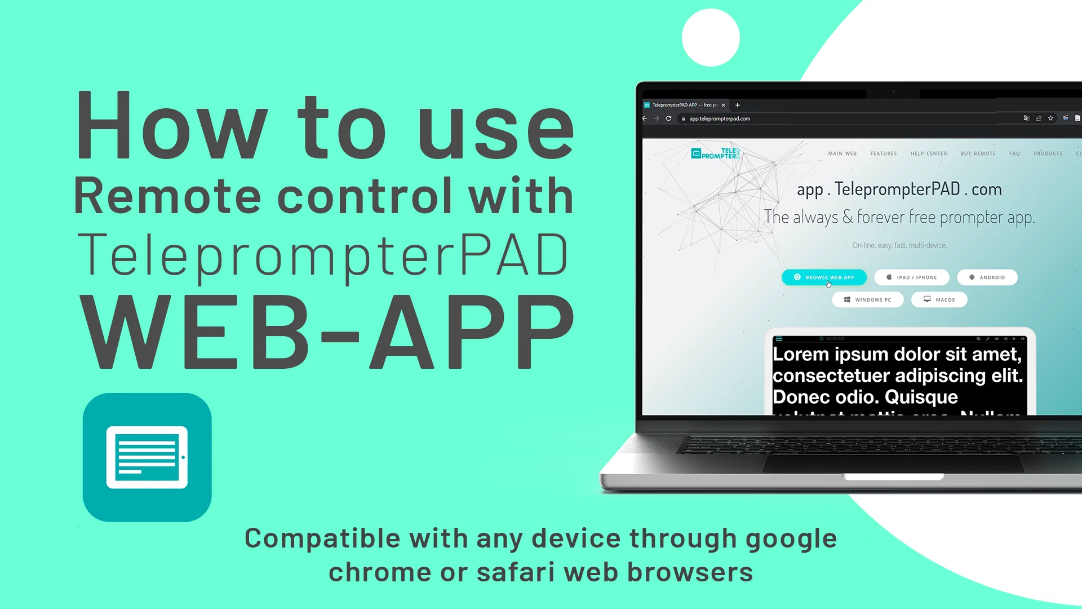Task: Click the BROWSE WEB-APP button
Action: pyautogui.click(x=824, y=277)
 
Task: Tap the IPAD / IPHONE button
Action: pyautogui.click(x=911, y=277)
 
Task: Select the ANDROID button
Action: pyautogui.click(x=987, y=277)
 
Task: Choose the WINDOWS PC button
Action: pyautogui.click(x=867, y=299)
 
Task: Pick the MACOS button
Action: pyautogui.click(x=939, y=299)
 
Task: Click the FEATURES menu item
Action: pyautogui.click(x=883, y=153)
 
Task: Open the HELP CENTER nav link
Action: pyautogui.click(x=929, y=153)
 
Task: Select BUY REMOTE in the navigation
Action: pyautogui.click(x=978, y=153)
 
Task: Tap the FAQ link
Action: pyautogui.click(x=1014, y=153)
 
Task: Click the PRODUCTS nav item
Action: pyautogui.click(x=1048, y=153)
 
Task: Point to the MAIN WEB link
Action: pyautogui.click(x=842, y=153)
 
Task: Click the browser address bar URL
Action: pyautogui.click(x=720, y=118)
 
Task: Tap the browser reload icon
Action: pyautogui.click(x=668, y=118)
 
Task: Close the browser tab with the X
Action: pyautogui.click(x=724, y=105)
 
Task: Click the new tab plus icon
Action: pyautogui.click(x=738, y=105)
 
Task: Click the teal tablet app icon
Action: pyautogui.click(x=147, y=457)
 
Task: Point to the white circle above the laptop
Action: pyautogui.click(x=711, y=38)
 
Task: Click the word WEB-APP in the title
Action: pyautogui.click(x=327, y=333)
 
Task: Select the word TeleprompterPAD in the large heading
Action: pyautogui.click(x=322, y=255)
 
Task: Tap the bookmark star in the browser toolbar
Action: pyautogui.click(x=1050, y=118)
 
